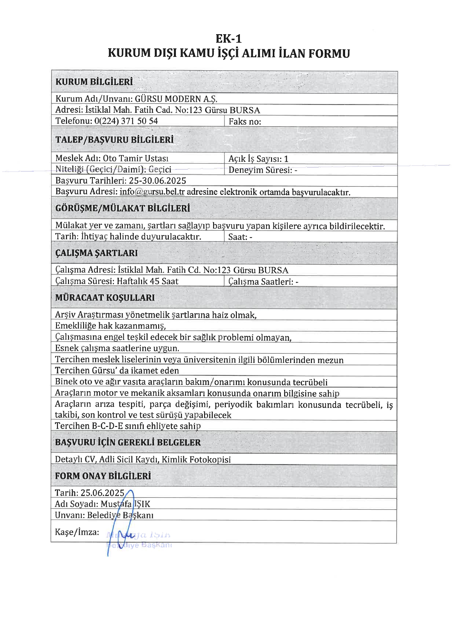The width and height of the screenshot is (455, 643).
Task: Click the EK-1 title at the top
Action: pyautogui.click(x=229, y=39)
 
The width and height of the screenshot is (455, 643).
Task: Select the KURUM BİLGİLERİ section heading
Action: pyautogui.click(x=94, y=82)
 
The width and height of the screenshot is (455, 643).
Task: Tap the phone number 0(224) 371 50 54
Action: pyautogui.click(x=126, y=121)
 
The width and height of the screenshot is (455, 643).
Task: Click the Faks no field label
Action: pyautogui.click(x=245, y=122)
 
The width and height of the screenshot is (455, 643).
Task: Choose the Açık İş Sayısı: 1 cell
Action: pyautogui.click(x=258, y=159)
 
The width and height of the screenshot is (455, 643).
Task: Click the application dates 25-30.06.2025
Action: pyautogui.click(x=157, y=181)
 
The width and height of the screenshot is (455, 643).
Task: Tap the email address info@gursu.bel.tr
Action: pyautogui.click(x=152, y=192)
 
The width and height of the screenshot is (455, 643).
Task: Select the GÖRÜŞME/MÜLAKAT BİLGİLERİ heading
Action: pyautogui.click(x=123, y=208)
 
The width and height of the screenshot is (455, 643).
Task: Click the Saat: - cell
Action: pyautogui.click(x=240, y=237)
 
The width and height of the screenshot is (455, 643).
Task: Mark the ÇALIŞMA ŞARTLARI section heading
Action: pyautogui.click(x=96, y=253)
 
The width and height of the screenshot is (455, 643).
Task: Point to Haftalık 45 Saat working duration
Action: pyautogui.click(x=147, y=281)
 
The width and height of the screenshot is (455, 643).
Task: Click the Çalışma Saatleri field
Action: pyautogui.click(x=263, y=282)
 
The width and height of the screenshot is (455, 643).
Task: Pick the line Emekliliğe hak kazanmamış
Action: pyautogui.click(x=111, y=326)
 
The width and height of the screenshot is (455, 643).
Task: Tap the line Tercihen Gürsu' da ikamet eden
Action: pyautogui.click(x=117, y=370)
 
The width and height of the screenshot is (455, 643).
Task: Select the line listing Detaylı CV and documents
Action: pyautogui.click(x=143, y=459)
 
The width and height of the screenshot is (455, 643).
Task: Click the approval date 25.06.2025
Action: pyautogui.click(x=103, y=493)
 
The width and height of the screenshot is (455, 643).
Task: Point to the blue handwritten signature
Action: pyautogui.click(x=121, y=529)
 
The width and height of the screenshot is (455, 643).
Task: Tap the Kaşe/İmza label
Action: pyautogui.click(x=77, y=532)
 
